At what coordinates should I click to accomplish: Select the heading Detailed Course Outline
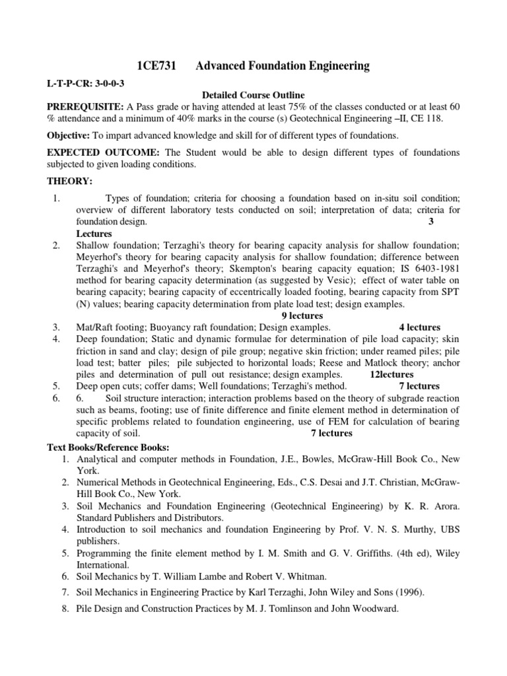tap(253, 95)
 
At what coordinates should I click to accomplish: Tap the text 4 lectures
tap(419, 327)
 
